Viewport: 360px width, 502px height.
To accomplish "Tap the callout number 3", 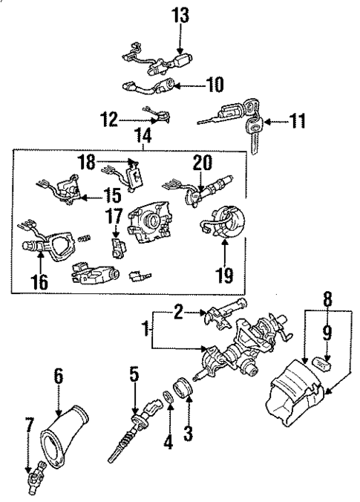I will point(189,429).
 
